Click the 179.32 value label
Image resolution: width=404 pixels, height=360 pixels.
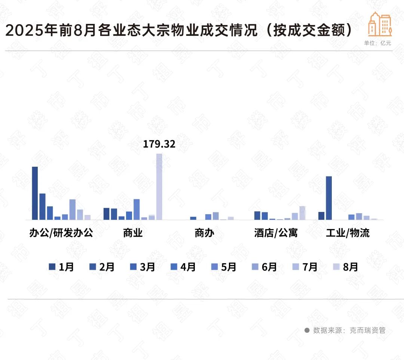[x=159, y=144]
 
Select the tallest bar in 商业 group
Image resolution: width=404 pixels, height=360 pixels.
[x=159, y=187]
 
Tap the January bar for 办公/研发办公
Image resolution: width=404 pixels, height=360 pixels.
[x=35, y=193]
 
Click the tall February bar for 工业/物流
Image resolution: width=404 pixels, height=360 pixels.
[x=329, y=198]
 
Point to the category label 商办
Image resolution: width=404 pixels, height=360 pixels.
[x=204, y=233]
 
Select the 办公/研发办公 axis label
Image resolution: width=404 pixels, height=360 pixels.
[x=61, y=233]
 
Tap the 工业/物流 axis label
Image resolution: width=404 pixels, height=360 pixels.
[x=348, y=233]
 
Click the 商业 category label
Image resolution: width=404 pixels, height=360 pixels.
[x=133, y=233]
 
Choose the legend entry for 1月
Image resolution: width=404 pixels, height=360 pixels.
[x=62, y=267]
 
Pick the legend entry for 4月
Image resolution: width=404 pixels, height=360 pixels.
[x=184, y=267]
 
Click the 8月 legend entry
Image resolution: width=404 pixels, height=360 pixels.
[x=346, y=267]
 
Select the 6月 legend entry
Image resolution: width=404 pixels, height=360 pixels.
[x=265, y=267]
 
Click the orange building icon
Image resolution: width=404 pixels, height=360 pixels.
[x=380, y=24]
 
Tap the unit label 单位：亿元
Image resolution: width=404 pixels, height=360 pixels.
[x=377, y=43]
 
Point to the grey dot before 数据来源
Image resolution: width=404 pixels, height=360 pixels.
[x=307, y=330]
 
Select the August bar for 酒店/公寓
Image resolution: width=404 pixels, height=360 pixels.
[x=302, y=213]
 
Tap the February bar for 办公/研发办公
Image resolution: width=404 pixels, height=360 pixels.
[x=42, y=206]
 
